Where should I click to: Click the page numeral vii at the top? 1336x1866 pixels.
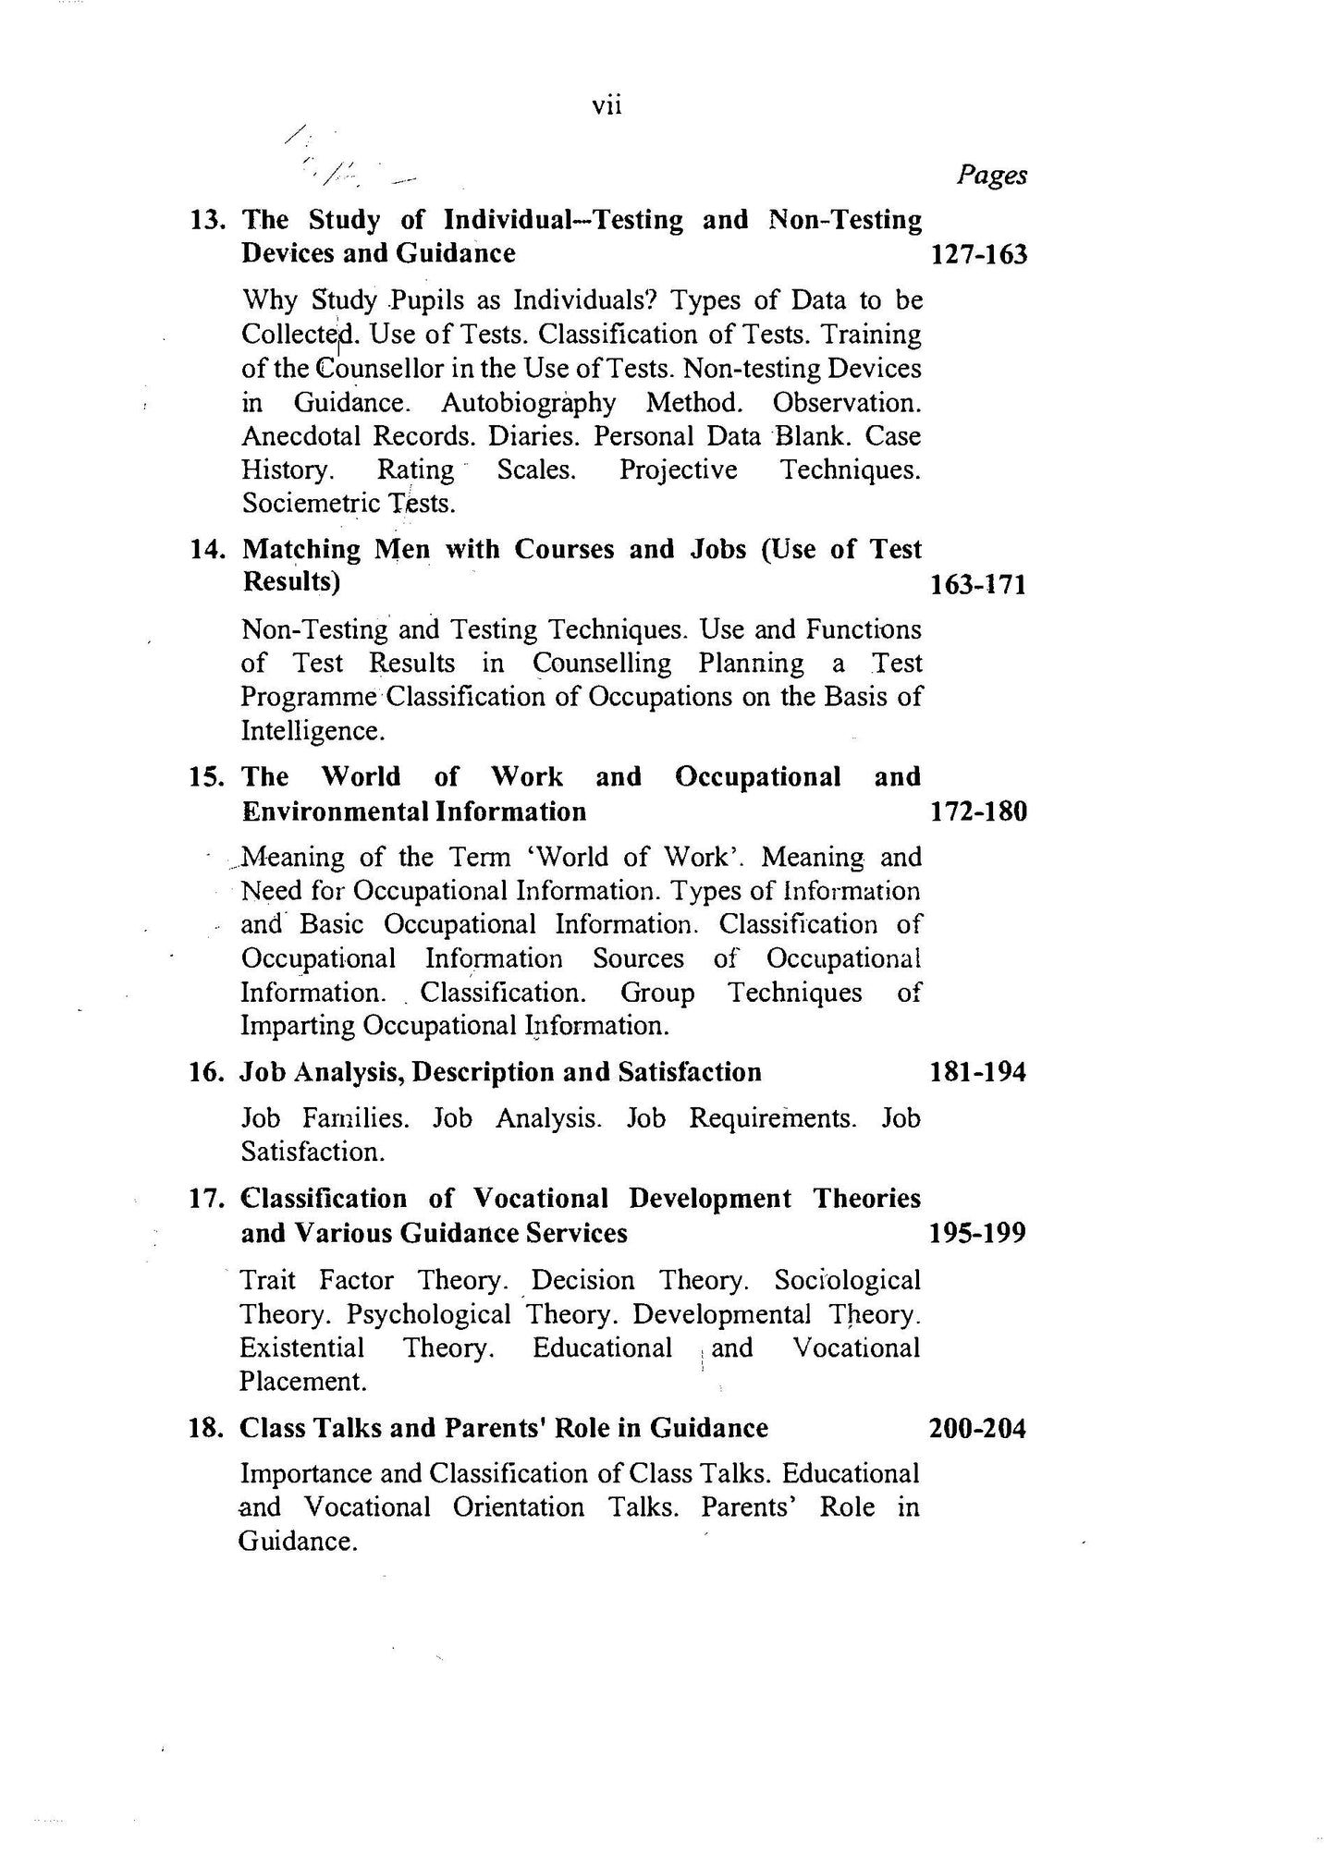click(607, 106)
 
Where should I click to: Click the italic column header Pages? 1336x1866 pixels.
click(991, 175)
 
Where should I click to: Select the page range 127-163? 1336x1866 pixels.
click(979, 254)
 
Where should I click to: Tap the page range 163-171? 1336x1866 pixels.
click(979, 585)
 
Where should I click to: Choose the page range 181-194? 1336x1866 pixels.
click(978, 1073)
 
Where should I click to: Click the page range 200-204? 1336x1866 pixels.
click(977, 1429)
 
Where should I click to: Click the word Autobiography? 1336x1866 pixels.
click(528, 403)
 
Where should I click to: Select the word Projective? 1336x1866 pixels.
click(679, 470)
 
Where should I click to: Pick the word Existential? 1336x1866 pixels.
click(301, 1348)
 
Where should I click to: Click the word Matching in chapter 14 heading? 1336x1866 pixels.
click(300, 550)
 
